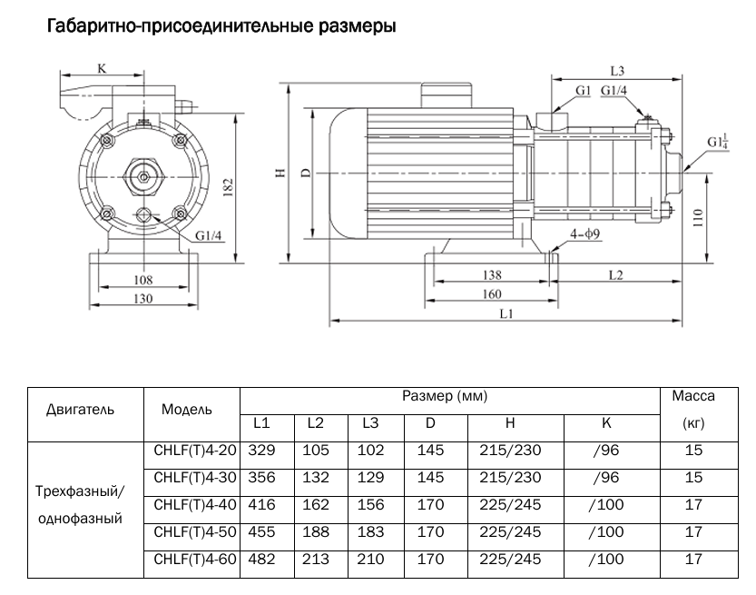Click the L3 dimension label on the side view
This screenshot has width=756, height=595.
pyautogui.click(x=618, y=71)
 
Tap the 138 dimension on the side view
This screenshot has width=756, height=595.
pyautogui.click(x=490, y=274)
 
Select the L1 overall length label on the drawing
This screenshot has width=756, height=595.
pyautogui.click(x=506, y=313)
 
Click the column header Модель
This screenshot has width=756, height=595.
pyautogui.click(x=187, y=409)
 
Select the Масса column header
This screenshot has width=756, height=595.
pyautogui.click(x=693, y=396)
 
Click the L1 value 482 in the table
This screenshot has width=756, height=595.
pyautogui.click(x=261, y=560)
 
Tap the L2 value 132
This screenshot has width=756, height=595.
pyautogui.click(x=315, y=477)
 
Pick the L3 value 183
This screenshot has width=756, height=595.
pyautogui.click(x=370, y=532)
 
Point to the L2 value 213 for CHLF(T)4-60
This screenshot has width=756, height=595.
pyautogui.click(x=315, y=560)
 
